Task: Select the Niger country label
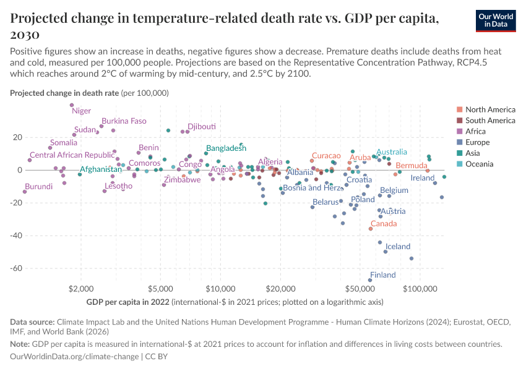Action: tap(81, 111)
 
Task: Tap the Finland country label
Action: tap(382, 275)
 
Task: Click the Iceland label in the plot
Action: tap(398, 246)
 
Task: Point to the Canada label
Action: tap(384, 224)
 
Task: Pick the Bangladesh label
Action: tap(226, 148)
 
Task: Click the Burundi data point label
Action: tap(38, 186)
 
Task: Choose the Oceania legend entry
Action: tap(479, 164)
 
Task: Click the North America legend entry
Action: tap(489, 109)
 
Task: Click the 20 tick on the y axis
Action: tap(17, 137)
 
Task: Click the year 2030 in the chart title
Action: tap(25, 33)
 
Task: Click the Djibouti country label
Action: tap(202, 126)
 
